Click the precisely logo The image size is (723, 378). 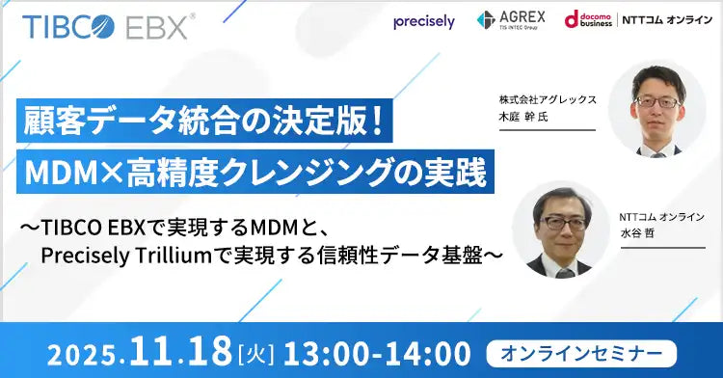(x=424, y=22)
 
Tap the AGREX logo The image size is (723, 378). (x=510, y=20)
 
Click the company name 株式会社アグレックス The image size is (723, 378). (x=549, y=99)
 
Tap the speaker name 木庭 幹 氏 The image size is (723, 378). (x=526, y=117)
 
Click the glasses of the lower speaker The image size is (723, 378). (x=563, y=223)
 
